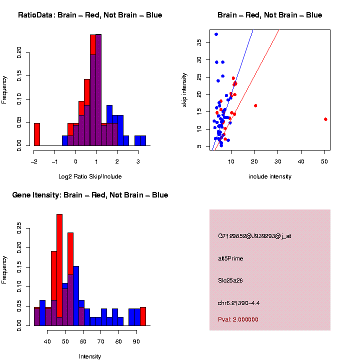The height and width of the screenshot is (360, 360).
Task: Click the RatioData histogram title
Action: (90, 15)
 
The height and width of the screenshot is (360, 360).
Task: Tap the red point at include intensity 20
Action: (255, 105)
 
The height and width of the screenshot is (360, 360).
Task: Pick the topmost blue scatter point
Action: (216, 34)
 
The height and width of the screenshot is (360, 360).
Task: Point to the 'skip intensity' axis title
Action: (184, 89)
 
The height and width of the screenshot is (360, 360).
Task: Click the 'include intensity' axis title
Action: (269, 176)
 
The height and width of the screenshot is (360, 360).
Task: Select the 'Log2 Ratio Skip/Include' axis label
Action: (90, 176)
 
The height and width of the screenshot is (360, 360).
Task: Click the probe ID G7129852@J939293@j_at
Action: (254, 236)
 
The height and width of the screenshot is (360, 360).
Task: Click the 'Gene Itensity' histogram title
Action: (90, 195)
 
